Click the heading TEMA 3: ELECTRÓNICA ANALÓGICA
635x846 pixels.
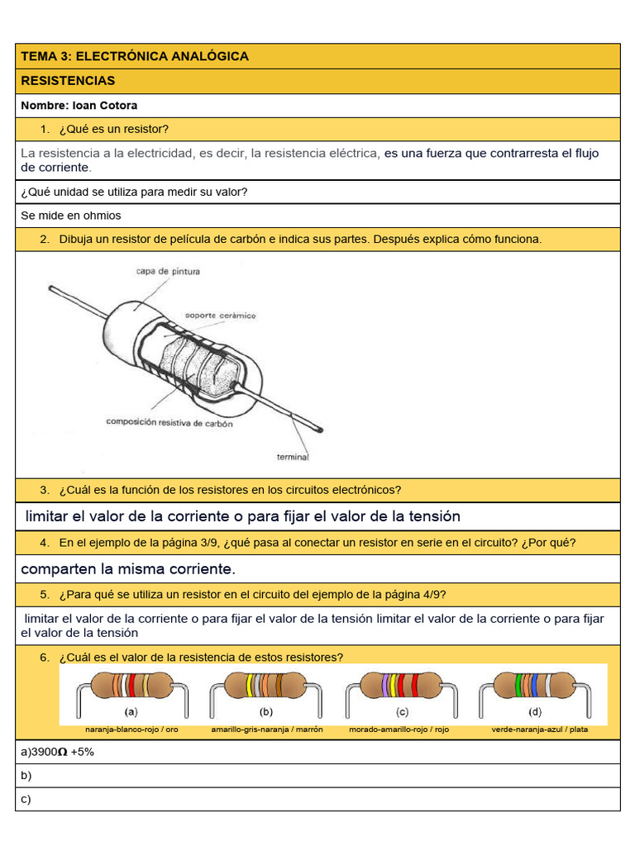pos(135,56)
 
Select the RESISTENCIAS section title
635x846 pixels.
pos(68,81)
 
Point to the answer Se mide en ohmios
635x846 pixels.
pos(71,216)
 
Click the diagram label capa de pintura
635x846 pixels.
pos(168,271)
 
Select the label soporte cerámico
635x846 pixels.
pos(220,316)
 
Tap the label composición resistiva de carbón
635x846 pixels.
pos(169,423)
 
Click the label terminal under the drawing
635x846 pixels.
pos(292,457)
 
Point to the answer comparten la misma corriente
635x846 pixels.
pos(128,569)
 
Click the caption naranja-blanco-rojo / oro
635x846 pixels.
pos(131,730)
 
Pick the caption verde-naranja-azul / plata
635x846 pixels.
pos(539,730)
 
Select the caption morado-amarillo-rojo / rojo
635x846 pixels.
pos(399,730)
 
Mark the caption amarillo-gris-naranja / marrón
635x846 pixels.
pos(266,730)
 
